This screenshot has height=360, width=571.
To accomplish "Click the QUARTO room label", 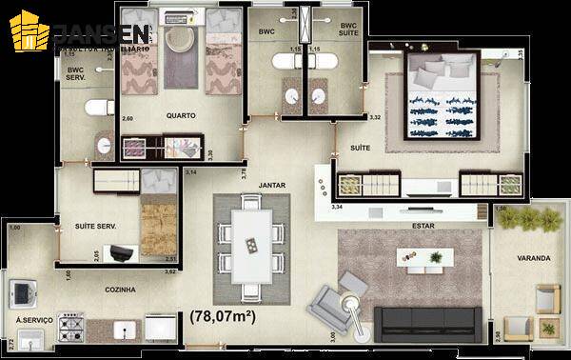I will point(180,116).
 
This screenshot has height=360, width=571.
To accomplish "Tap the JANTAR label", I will point(272,185).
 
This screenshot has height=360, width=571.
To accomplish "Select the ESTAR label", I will point(423,226).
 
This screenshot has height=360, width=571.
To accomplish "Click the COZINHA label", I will point(119,290).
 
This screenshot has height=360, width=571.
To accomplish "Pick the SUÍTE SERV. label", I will point(95,225).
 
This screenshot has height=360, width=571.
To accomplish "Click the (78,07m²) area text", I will point(226,314).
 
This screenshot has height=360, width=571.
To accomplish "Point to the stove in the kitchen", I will point(72,330).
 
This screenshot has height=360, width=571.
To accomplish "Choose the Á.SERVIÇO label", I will point(34,320).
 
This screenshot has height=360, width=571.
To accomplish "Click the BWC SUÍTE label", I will point(349,31).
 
